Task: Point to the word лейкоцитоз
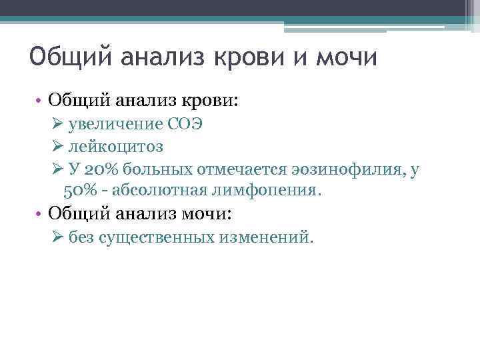point(116,147)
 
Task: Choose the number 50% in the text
point(82,191)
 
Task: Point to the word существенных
point(156,238)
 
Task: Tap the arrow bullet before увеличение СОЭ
point(56,125)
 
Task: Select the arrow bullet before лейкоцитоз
point(56,147)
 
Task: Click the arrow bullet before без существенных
point(56,238)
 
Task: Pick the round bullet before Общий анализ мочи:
point(41,215)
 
